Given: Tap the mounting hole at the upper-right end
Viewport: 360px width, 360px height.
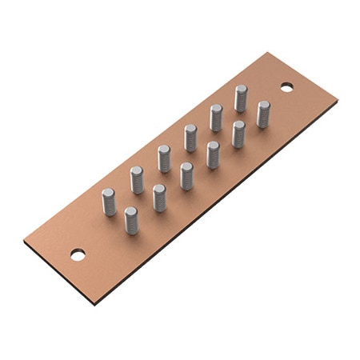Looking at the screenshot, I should pos(286,86).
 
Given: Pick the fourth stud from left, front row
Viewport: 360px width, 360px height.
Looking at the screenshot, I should pos(213,154).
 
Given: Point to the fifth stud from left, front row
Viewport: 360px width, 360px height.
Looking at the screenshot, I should pos(238,134).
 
